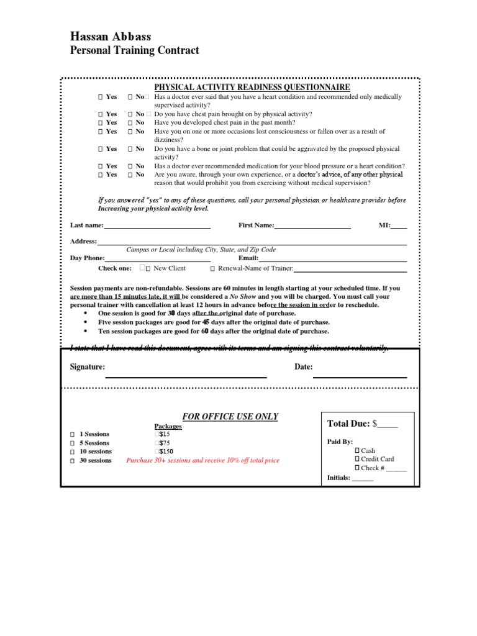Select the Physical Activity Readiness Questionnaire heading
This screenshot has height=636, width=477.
pyautogui.click(x=252, y=88)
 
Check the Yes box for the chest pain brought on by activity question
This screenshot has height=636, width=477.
pyautogui.click(x=100, y=114)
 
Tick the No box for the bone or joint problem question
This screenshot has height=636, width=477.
pyautogui.click(x=130, y=149)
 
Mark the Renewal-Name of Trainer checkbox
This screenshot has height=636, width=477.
pyautogui.click(x=212, y=269)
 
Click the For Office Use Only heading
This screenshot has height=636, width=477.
pyautogui.click(x=230, y=417)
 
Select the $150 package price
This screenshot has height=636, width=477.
pyautogui.click(x=164, y=452)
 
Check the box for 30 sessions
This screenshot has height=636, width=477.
pyautogui.click(x=72, y=461)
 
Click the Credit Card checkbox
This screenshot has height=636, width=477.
pyautogui.click(x=357, y=459)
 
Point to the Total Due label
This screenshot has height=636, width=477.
pyautogui.click(x=348, y=424)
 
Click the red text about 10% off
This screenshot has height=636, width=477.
pyautogui.click(x=202, y=461)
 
